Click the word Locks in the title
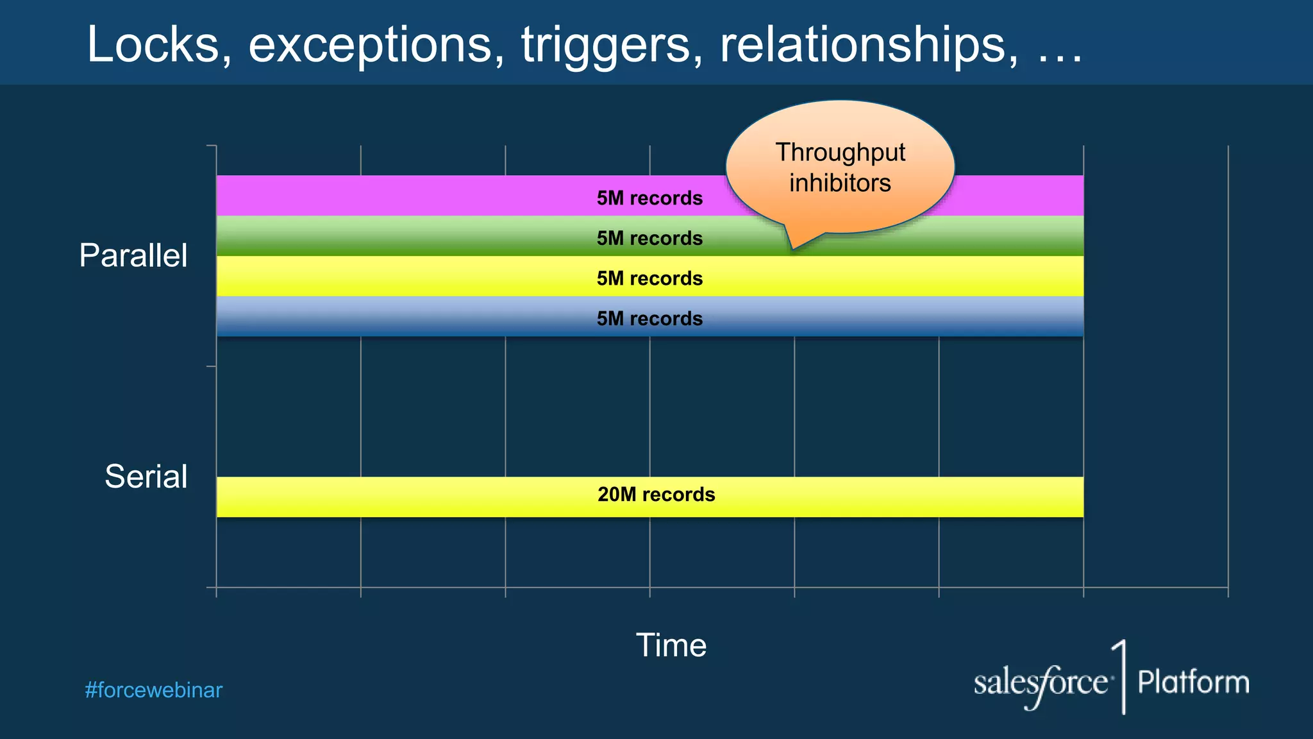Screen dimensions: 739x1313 click(x=153, y=45)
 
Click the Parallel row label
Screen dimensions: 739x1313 click(x=133, y=255)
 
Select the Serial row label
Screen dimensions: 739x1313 click(x=146, y=477)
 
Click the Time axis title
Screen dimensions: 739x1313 click(x=671, y=645)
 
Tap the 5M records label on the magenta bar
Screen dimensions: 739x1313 click(x=649, y=198)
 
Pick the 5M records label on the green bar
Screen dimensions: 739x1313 click(x=649, y=238)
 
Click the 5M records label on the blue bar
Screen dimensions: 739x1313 click(x=649, y=318)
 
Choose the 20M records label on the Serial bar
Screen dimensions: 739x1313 click(x=656, y=495)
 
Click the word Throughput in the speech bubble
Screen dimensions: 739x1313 click(x=840, y=153)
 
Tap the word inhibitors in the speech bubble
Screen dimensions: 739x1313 click(x=840, y=183)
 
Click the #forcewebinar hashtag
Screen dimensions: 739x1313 click(x=154, y=690)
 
